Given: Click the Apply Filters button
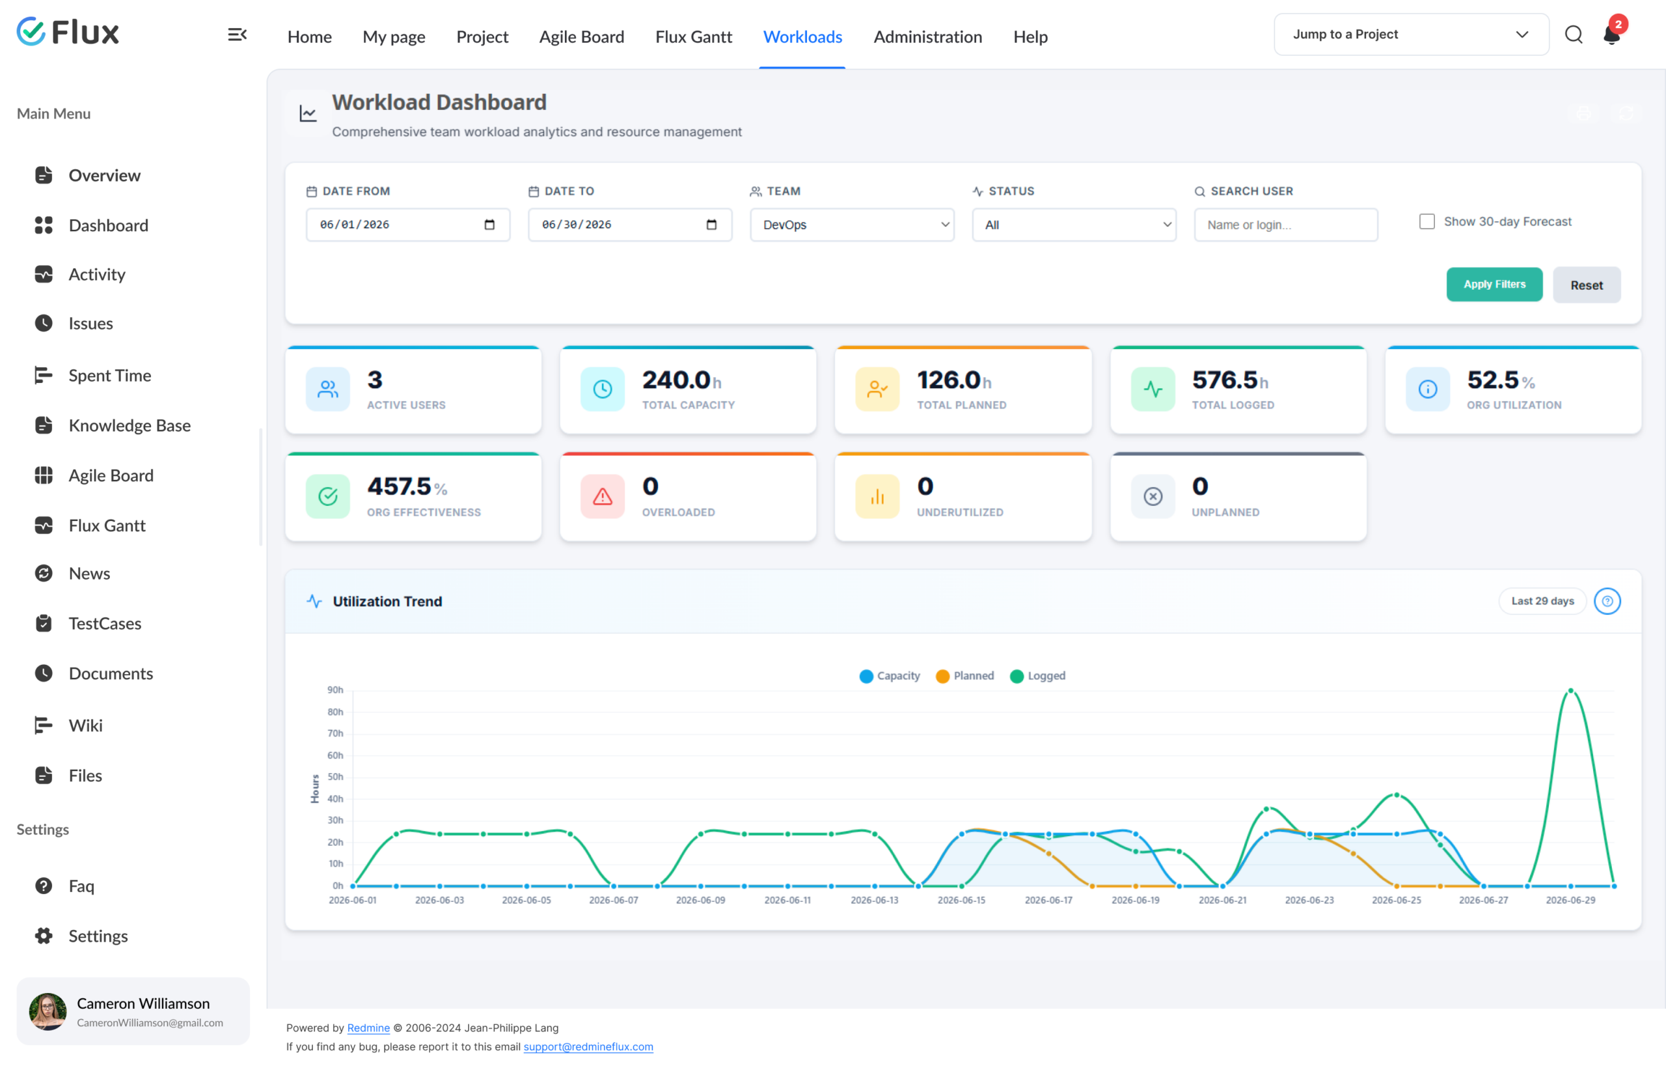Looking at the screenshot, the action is (1494, 285).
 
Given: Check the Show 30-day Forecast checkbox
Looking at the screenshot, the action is (1427, 221).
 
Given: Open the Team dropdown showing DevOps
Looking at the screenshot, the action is (852, 225).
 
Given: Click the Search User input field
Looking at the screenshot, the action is (1285, 225).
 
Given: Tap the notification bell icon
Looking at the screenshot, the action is (1611, 35).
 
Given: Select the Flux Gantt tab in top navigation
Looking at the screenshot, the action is (693, 36).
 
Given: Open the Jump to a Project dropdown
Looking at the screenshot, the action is (1411, 34).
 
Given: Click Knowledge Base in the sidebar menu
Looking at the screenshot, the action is (130, 426).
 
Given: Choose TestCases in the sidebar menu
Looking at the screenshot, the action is (105, 624).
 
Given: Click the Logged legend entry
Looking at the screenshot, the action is (1038, 675).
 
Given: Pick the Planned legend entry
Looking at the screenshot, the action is (964, 675).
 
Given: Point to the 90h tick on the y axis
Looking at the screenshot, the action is (335, 690).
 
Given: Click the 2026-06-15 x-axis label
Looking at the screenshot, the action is (961, 900).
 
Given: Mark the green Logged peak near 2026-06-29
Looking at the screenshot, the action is (1570, 691).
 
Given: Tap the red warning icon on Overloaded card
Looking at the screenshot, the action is (602, 496).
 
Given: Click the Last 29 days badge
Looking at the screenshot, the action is (1542, 601).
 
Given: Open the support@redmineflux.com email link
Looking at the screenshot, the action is (588, 1046).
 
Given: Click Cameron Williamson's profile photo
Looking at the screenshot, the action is (48, 1011).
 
